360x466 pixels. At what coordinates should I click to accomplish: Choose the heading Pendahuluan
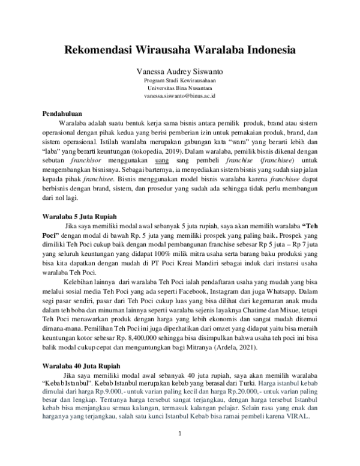(x=62, y=113)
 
